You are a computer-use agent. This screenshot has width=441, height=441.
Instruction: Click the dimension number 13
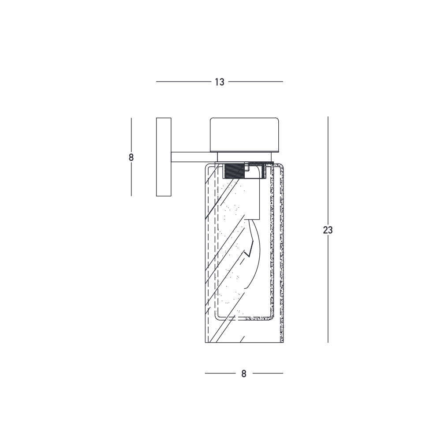(220, 82)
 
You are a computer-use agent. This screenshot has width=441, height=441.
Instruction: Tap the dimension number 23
(328, 230)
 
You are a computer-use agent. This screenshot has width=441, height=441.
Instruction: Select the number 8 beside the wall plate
(131, 157)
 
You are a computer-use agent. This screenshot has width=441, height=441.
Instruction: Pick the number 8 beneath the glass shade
(244, 374)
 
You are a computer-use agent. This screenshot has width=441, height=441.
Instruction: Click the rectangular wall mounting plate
(164, 157)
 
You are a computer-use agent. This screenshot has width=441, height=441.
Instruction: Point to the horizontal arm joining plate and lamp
(194, 157)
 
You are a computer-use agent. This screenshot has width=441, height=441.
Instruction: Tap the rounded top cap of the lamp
(244, 135)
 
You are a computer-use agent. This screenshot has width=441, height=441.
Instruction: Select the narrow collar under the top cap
(244, 157)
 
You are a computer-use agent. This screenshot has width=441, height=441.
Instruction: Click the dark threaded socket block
(234, 171)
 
